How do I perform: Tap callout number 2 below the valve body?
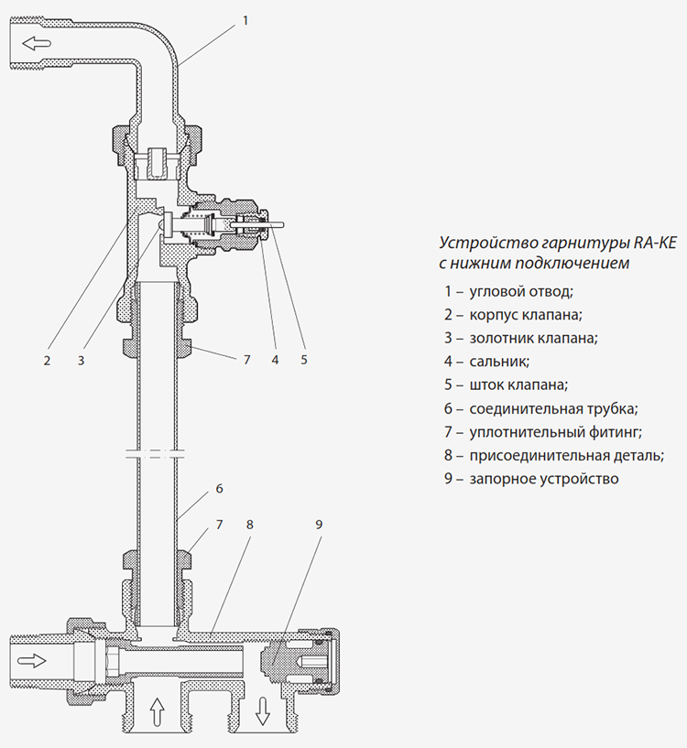47,360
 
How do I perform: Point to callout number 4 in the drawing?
274,360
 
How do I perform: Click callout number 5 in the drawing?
304,360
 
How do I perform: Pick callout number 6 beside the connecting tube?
220,489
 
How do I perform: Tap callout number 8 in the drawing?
249,525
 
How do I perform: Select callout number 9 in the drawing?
319,525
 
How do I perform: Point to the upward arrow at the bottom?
155,709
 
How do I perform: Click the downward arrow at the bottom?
262,710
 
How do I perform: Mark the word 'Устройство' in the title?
477,244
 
